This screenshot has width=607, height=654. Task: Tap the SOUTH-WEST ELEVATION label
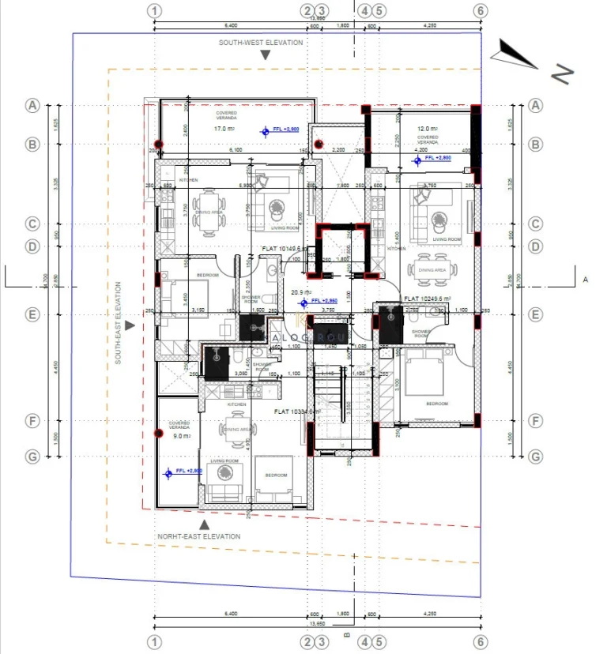click(261, 43)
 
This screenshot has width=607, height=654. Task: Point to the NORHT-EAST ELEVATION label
click(198, 536)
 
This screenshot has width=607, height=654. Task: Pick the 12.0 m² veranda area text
click(428, 129)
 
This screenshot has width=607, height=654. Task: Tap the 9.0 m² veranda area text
click(180, 435)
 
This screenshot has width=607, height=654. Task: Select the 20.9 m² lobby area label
click(299, 292)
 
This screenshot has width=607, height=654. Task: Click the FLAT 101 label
click(277, 248)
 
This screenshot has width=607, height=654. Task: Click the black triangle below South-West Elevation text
click(266, 55)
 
